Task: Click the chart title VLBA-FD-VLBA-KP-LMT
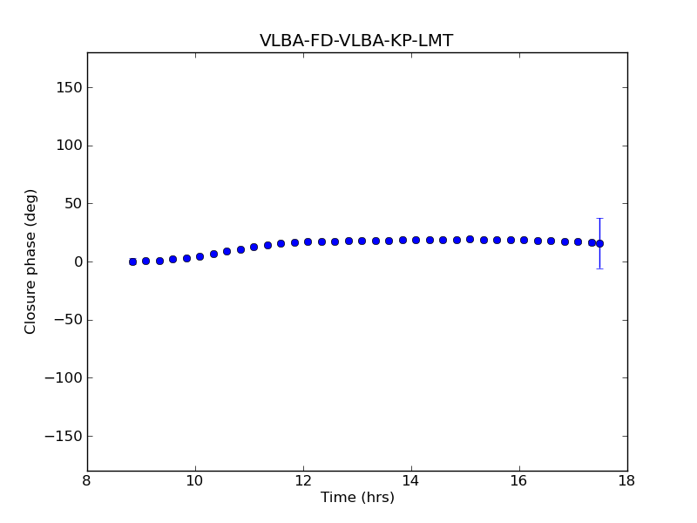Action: coord(356,41)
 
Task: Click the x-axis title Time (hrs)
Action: coord(357,498)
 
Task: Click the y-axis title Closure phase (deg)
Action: coord(31,261)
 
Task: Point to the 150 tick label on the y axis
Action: coord(68,88)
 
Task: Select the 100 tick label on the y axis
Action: coord(68,146)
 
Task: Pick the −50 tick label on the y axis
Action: coord(67,320)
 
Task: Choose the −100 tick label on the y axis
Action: coord(63,378)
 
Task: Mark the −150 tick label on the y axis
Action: coord(63,436)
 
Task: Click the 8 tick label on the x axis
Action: coord(87,481)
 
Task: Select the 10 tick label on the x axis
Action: coord(195,481)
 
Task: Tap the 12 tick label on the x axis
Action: coord(303,481)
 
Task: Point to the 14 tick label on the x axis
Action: coord(411,481)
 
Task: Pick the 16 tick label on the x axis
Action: coord(519,481)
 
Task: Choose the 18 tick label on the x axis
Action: coord(627,481)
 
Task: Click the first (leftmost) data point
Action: coord(132,261)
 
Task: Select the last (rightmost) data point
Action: coord(599,243)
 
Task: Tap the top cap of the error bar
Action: coord(599,218)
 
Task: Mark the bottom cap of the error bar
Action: coord(599,268)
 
